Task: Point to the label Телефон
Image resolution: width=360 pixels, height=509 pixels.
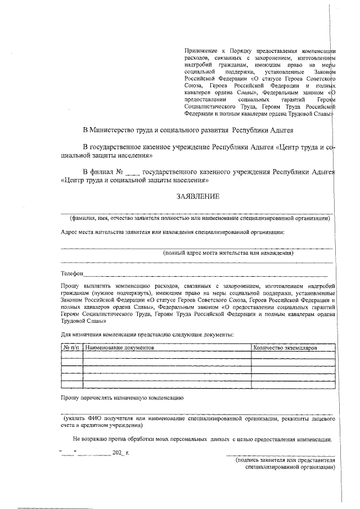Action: [x=72, y=274]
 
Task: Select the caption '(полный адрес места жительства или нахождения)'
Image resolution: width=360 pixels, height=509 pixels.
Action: [x=228, y=253]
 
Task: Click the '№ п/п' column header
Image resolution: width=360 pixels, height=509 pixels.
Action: [x=71, y=348]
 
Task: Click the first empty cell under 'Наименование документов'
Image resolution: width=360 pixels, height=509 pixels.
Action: [x=166, y=355]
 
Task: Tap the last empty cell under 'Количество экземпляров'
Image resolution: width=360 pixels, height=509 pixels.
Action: [x=292, y=385]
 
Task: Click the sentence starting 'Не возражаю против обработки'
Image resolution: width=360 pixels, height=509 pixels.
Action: [x=202, y=439]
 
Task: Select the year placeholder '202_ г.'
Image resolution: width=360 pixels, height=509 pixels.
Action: [x=120, y=452]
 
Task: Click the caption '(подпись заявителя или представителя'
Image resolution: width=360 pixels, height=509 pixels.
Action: [x=285, y=460]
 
